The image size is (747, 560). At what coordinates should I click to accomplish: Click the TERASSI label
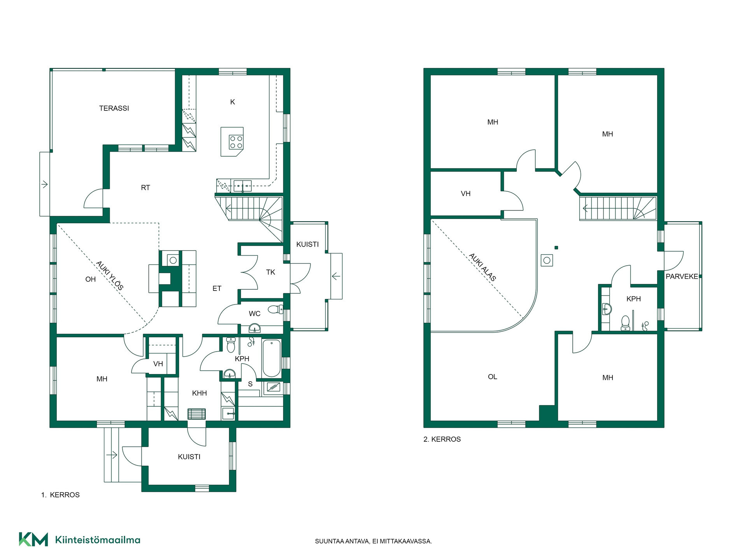pos(114,108)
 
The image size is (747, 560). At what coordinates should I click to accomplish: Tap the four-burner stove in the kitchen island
pos(236,142)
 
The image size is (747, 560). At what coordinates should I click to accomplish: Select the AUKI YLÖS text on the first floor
pos(110,276)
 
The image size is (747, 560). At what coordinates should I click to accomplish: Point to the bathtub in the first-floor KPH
pos(272,358)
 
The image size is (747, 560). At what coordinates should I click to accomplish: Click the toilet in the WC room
pos(276,310)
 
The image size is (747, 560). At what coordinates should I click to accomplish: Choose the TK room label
pos(271,272)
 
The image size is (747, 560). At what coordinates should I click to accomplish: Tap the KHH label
pos(200,393)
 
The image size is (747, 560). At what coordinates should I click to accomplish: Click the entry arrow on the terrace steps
pos(44,184)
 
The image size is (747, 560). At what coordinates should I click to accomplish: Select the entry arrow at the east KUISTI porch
pos(336,276)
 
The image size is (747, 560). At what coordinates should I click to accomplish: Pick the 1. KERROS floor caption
pos(60,495)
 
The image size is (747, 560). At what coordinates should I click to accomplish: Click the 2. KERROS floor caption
pos(442,439)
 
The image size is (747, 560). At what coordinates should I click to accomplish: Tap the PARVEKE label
pos(682,276)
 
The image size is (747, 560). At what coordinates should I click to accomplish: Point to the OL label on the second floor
pos(493,377)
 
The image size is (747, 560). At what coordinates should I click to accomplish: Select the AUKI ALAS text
pos(482,267)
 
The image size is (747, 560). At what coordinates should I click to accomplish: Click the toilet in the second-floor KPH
pos(625,323)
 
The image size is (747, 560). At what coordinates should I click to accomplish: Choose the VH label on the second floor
pos(466,194)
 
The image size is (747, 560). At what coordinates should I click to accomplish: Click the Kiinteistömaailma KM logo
pos(33,539)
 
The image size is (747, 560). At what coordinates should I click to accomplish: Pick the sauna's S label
pos(250,384)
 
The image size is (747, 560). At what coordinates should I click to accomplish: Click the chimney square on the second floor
pos(547,260)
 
